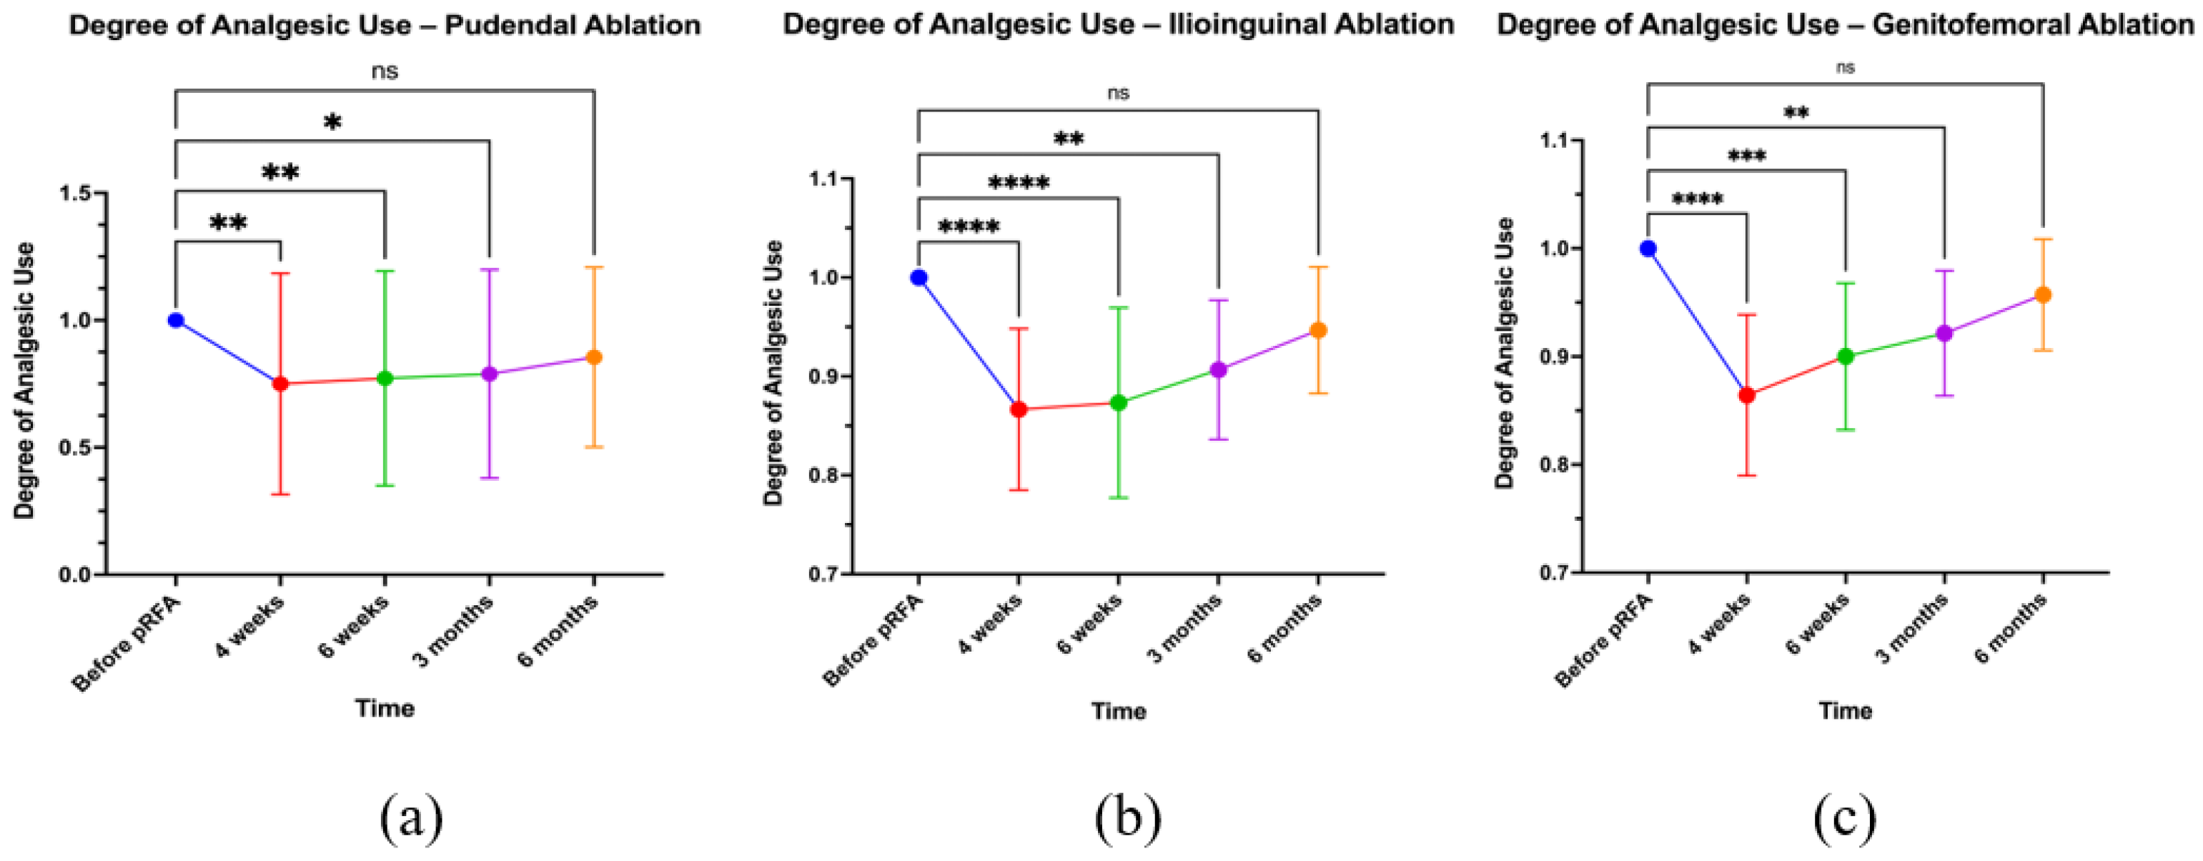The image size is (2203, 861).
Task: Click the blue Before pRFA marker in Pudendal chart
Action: coord(176,321)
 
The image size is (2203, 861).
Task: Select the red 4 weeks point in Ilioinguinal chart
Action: coord(1019,409)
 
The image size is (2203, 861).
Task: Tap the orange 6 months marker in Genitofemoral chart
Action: coord(2043,295)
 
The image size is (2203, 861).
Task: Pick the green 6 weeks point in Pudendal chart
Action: coord(385,378)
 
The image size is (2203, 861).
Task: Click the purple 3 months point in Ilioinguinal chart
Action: coord(1219,370)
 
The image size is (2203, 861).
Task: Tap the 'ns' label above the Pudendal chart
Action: coord(385,71)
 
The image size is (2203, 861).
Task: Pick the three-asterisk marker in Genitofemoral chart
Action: coord(1747,157)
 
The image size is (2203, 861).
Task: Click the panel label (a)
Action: coord(411,817)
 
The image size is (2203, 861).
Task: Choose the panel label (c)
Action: coord(1845,817)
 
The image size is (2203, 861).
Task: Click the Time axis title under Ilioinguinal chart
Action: coord(1119,712)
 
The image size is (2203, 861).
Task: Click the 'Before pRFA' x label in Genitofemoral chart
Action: coord(1603,641)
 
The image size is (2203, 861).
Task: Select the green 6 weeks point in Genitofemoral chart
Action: coord(1846,357)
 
